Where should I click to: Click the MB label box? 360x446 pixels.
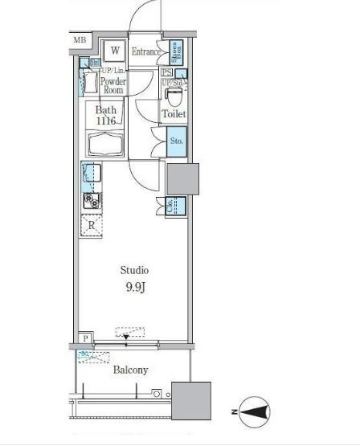[80, 39]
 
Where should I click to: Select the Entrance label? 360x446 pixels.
[148, 52]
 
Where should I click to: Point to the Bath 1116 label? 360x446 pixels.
[108, 115]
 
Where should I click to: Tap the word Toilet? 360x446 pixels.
[174, 115]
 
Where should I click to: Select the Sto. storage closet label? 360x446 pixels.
[177, 142]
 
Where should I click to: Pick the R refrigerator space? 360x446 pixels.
[92, 226]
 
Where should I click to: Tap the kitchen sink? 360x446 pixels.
[91, 174]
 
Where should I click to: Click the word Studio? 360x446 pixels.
[134, 270]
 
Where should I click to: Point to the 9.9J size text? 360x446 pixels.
[134, 287]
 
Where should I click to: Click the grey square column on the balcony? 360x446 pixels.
[193, 398]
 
